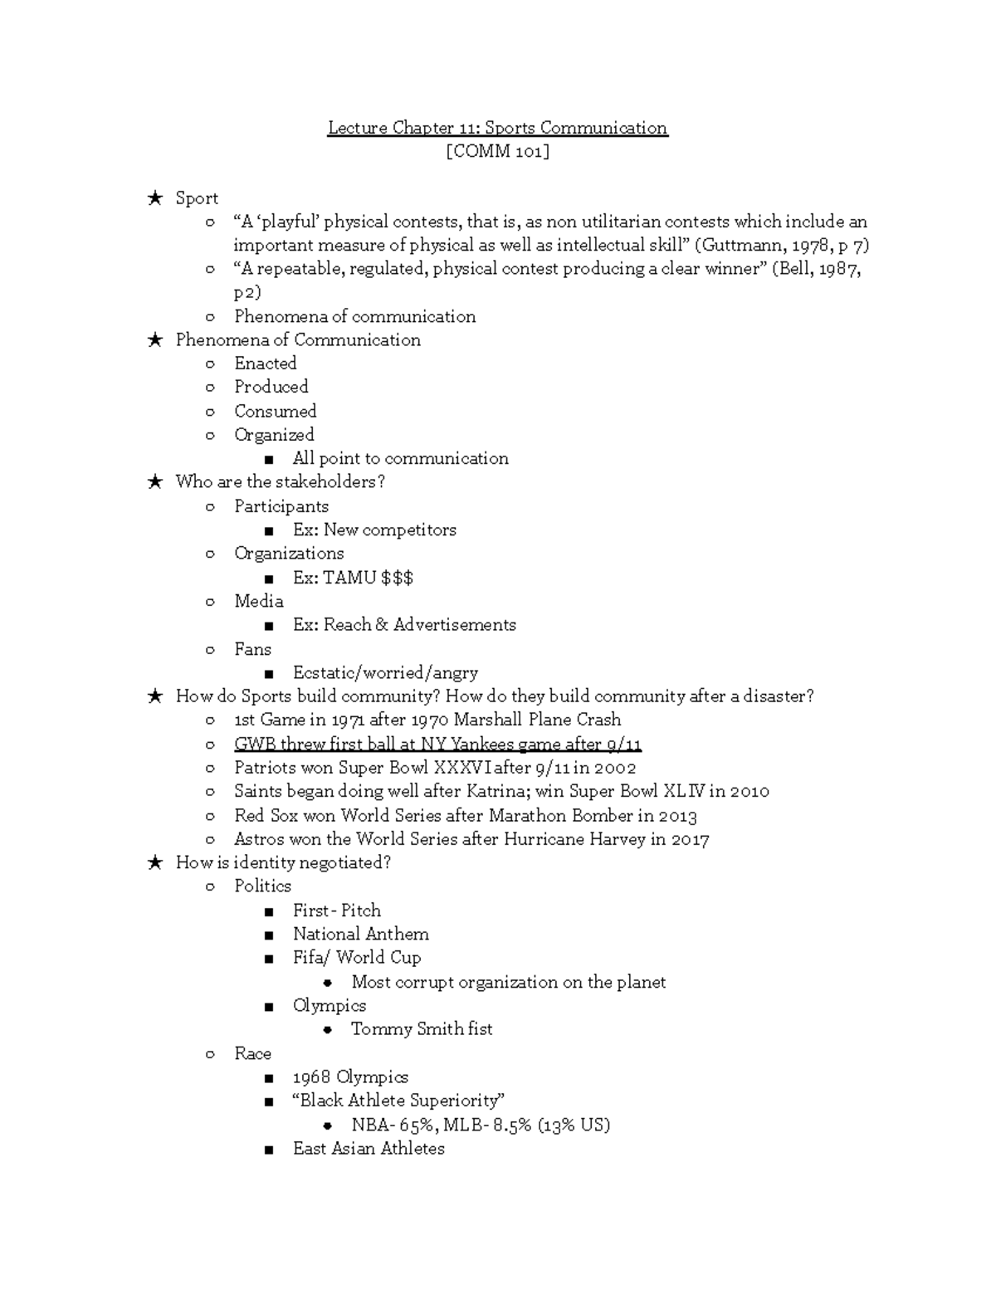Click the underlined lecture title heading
coord(497,128)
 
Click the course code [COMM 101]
coord(497,151)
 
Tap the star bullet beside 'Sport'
coord(154,198)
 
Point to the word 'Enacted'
coord(265,364)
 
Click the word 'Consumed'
coord(275,411)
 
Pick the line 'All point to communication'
coord(400,458)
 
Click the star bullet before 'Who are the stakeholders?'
coord(154,482)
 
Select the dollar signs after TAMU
coord(397,578)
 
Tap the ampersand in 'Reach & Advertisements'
coord(382,625)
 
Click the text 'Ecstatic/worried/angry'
coord(385,673)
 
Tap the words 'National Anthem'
coord(360,934)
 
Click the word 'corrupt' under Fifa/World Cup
coord(424,982)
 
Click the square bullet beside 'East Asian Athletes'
coord(268,1150)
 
